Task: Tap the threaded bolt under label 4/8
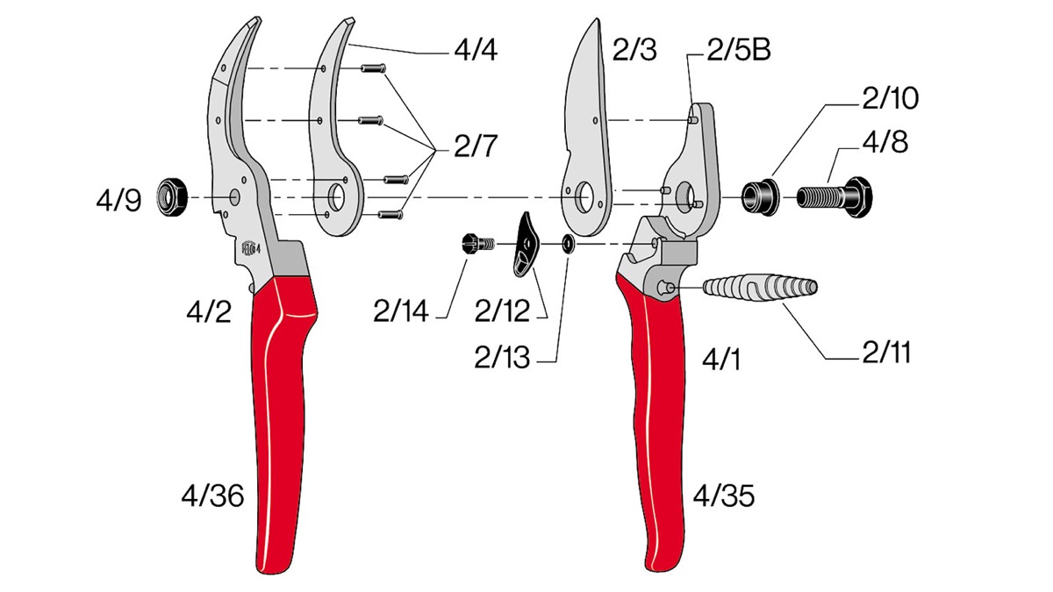[831, 193]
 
